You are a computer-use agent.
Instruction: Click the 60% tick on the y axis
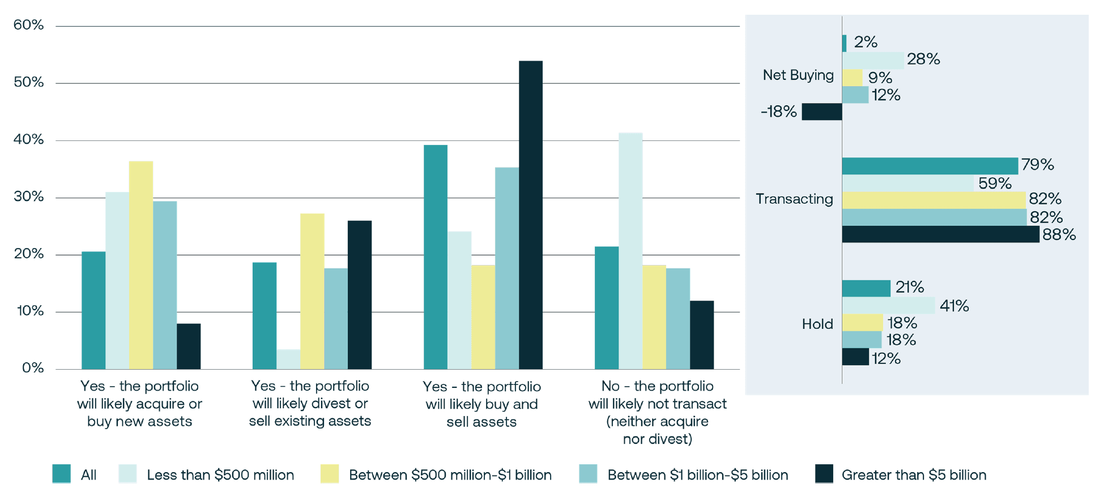click(28, 25)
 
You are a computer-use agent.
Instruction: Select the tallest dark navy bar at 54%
click(530, 215)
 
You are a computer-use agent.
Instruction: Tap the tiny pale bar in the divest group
click(288, 359)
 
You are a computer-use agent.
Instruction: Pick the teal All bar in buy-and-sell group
click(435, 257)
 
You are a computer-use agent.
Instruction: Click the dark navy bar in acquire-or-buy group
click(188, 346)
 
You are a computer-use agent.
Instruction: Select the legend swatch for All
click(61, 474)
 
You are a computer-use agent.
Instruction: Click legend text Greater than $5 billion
click(913, 475)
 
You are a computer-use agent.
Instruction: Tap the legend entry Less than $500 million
click(220, 475)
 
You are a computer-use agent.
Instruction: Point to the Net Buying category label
click(798, 75)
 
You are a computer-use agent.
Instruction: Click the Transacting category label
click(794, 199)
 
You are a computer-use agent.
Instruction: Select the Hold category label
click(817, 324)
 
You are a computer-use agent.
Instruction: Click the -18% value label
click(778, 112)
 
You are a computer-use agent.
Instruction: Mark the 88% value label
click(1058, 234)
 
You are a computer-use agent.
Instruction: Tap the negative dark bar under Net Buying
click(821, 112)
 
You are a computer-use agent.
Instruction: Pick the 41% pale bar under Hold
click(888, 306)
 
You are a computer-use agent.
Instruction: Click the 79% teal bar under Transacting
click(929, 166)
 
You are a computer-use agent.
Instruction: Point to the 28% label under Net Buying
click(923, 59)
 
